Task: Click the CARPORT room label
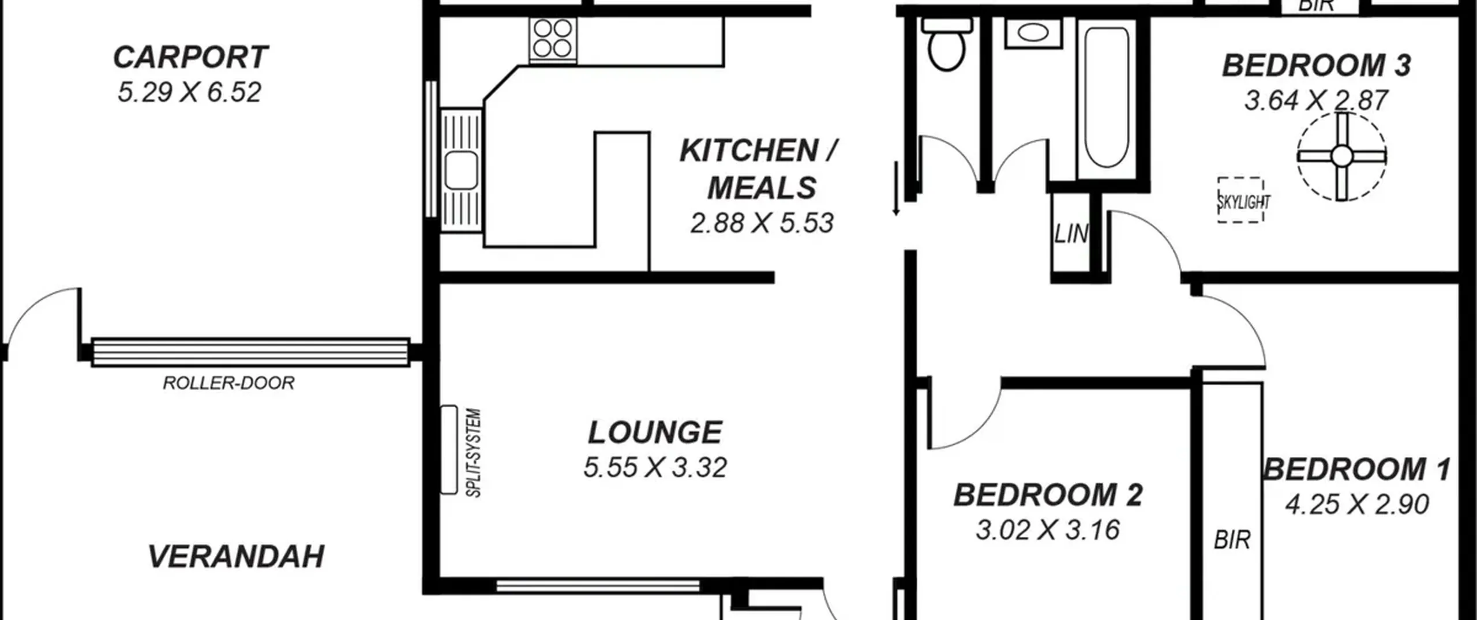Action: pyautogui.click(x=190, y=57)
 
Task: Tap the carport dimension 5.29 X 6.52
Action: pyautogui.click(x=190, y=92)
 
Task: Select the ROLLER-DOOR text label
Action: pyautogui.click(x=228, y=383)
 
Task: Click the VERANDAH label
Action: pyautogui.click(x=236, y=557)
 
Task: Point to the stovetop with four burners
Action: pyautogui.click(x=553, y=39)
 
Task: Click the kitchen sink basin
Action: pyautogui.click(x=461, y=170)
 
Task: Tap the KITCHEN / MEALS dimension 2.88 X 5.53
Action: pyautogui.click(x=762, y=223)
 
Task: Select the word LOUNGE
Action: pyautogui.click(x=655, y=433)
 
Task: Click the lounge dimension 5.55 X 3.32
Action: pyautogui.click(x=655, y=467)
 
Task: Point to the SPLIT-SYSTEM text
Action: pyautogui.click(x=473, y=453)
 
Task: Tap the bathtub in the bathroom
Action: pyautogui.click(x=1107, y=97)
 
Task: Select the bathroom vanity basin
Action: pyautogui.click(x=1033, y=33)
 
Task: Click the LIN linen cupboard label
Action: pyautogui.click(x=1071, y=234)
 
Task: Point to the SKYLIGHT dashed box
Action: pyautogui.click(x=1240, y=200)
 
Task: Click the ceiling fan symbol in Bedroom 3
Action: pyautogui.click(x=1341, y=156)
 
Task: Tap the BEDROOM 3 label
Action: pyautogui.click(x=1317, y=65)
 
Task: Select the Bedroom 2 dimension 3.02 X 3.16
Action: pyautogui.click(x=1048, y=530)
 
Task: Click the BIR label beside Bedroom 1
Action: pyautogui.click(x=1232, y=540)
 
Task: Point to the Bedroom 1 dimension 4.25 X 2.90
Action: pyautogui.click(x=1357, y=505)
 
